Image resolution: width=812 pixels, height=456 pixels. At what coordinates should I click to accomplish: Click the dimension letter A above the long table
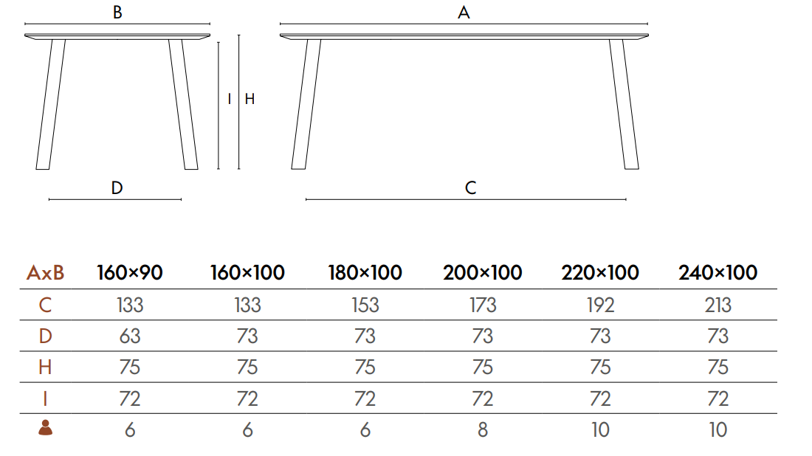click(x=464, y=13)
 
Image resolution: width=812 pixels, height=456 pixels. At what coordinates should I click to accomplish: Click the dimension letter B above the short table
click(x=117, y=13)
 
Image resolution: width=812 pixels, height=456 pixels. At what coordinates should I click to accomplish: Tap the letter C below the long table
click(x=470, y=187)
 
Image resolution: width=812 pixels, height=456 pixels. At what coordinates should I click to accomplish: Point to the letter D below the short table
click(x=117, y=187)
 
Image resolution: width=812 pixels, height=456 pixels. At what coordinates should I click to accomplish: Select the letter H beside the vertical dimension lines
click(x=250, y=99)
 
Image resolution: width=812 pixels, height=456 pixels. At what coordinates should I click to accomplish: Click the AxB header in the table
click(x=45, y=273)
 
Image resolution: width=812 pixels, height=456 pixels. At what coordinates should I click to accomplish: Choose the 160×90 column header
click(x=129, y=273)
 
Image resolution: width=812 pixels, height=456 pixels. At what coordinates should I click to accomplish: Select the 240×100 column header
click(x=718, y=273)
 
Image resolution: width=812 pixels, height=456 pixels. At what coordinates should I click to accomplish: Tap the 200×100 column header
click(x=482, y=273)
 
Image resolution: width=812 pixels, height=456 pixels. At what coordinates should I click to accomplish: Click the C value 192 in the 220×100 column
click(x=600, y=305)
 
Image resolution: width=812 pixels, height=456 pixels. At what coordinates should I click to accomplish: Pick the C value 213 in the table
click(x=718, y=305)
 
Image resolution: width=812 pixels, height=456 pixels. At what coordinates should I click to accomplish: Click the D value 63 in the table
click(x=129, y=336)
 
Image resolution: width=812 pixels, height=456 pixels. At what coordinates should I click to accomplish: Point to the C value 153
click(x=365, y=305)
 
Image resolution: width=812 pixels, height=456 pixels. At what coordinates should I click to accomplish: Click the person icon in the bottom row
click(x=46, y=427)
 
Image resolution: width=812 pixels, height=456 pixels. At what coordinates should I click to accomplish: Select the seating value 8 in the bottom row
click(x=483, y=429)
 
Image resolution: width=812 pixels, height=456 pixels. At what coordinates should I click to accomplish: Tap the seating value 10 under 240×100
click(x=718, y=429)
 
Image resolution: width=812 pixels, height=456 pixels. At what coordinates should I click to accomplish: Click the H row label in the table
click(x=45, y=367)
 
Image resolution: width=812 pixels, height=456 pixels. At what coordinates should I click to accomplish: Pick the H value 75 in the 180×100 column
click(x=365, y=367)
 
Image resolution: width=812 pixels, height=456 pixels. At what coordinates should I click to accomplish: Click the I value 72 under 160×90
click(x=129, y=398)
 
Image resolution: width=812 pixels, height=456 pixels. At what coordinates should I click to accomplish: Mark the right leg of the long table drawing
click(x=624, y=103)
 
